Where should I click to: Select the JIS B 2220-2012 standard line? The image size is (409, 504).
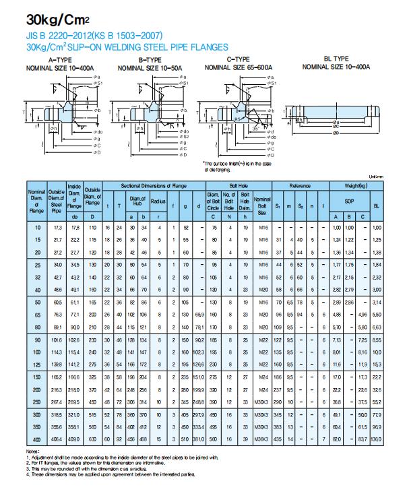(94, 35)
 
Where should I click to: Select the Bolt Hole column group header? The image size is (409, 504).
(238, 185)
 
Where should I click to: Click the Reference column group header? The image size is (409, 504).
(300, 185)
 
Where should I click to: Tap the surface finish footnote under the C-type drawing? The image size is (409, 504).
(237, 167)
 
